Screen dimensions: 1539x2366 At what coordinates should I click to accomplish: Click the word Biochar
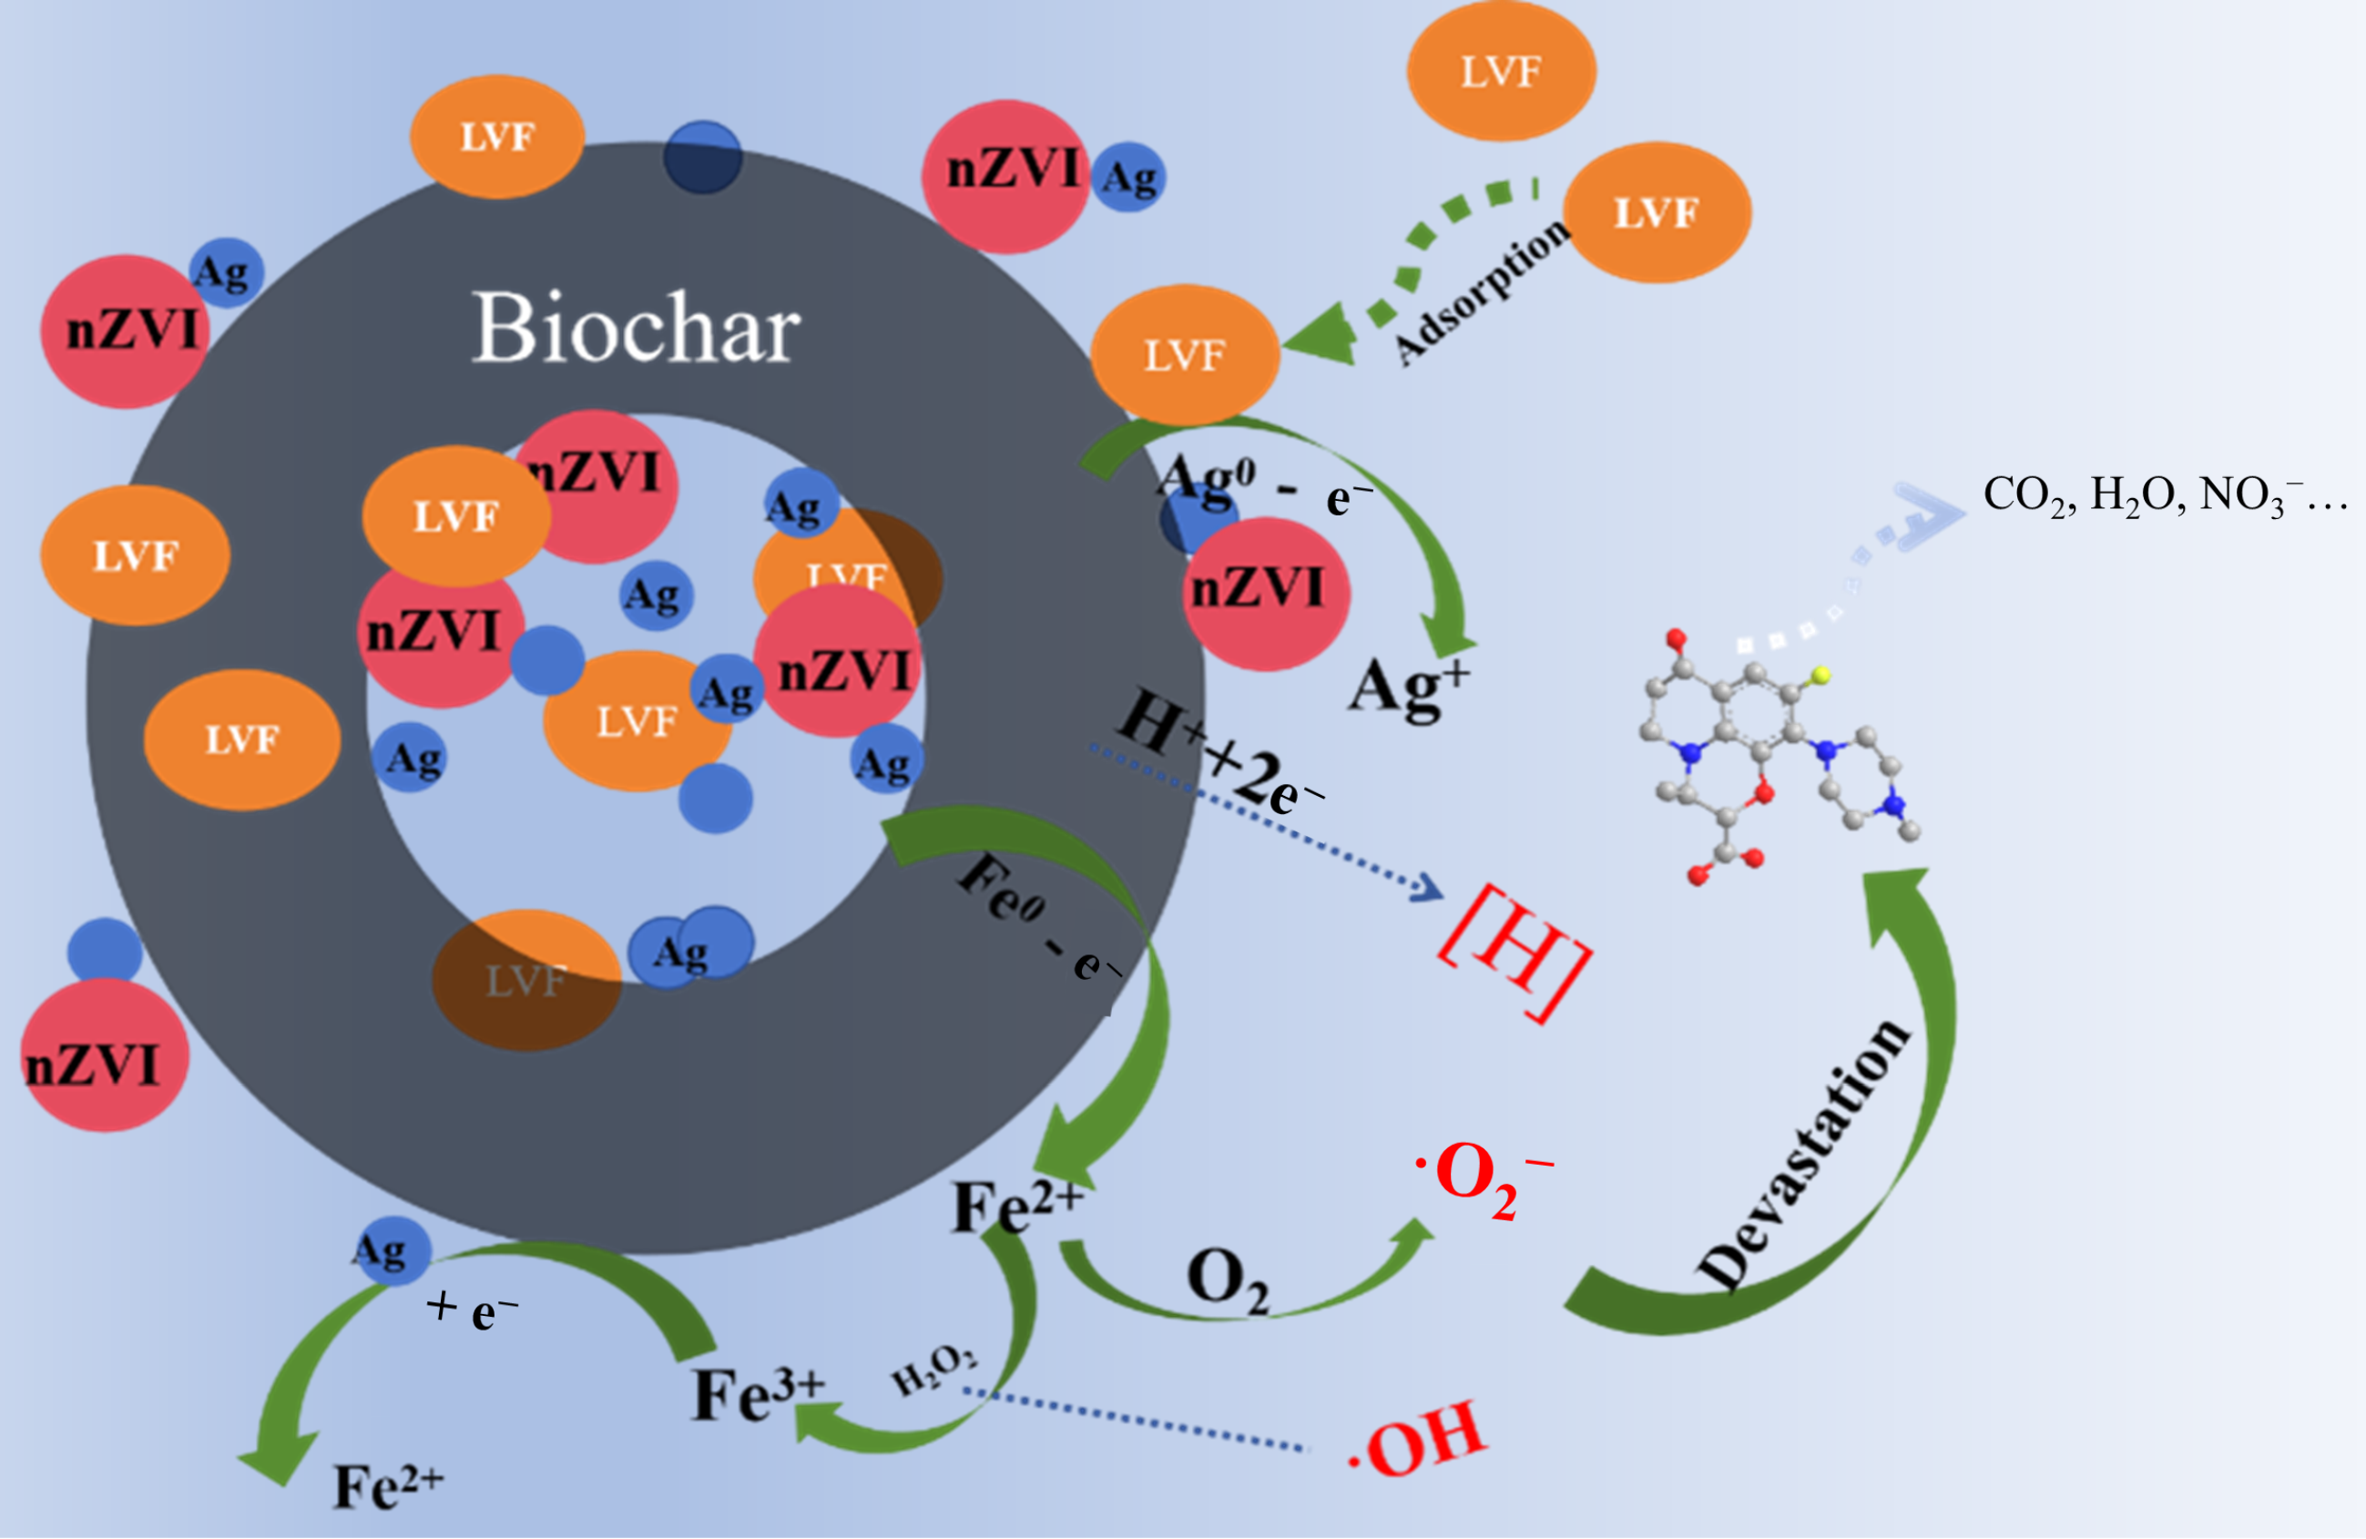click(x=636, y=328)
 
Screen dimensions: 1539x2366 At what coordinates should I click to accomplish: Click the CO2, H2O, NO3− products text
click(x=2163, y=495)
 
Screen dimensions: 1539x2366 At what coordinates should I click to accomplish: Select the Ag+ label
click(x=1408, y=687)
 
